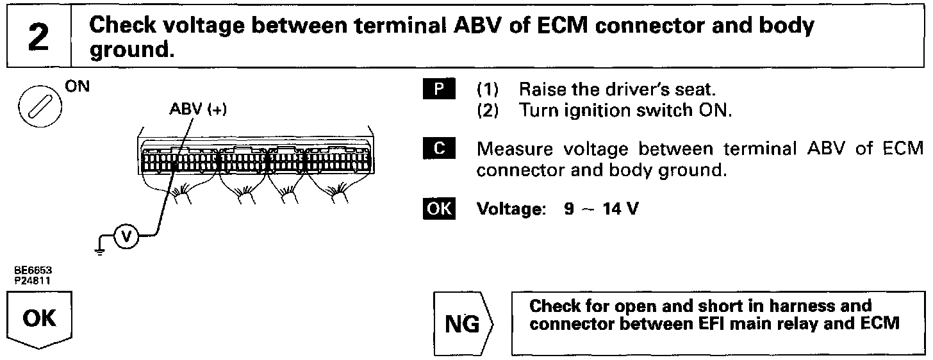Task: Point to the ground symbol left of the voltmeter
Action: tap(99, 250)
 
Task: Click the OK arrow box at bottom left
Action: tap(40, 318)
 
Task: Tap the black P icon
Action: tap(438, 89)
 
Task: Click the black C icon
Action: tap(438, 149)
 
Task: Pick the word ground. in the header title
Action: tap(131, 49)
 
